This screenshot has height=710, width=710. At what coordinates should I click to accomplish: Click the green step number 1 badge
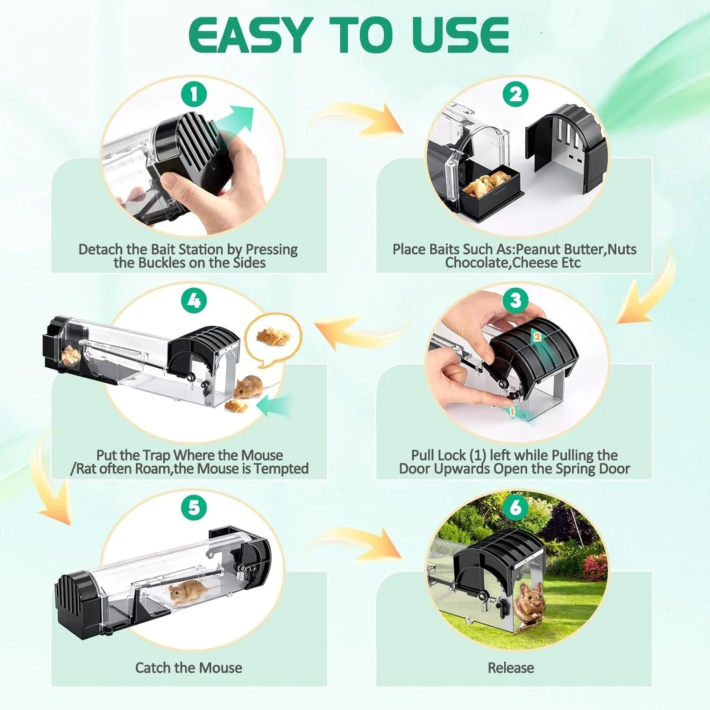[194, 94]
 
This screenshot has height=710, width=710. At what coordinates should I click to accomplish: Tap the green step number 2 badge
[515, 94]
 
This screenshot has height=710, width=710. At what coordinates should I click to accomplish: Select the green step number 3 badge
[515, 300]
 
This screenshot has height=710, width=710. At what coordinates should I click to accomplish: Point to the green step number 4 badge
[194, 300]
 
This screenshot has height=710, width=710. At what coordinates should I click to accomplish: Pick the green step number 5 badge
[194, 507]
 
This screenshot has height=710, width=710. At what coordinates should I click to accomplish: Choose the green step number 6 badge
[515, 507]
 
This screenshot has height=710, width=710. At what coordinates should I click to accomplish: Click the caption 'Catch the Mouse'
[189, 668]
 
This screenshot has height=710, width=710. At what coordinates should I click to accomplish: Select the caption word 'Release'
[511, 668]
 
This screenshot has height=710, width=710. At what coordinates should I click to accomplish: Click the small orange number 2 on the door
[537, 337]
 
